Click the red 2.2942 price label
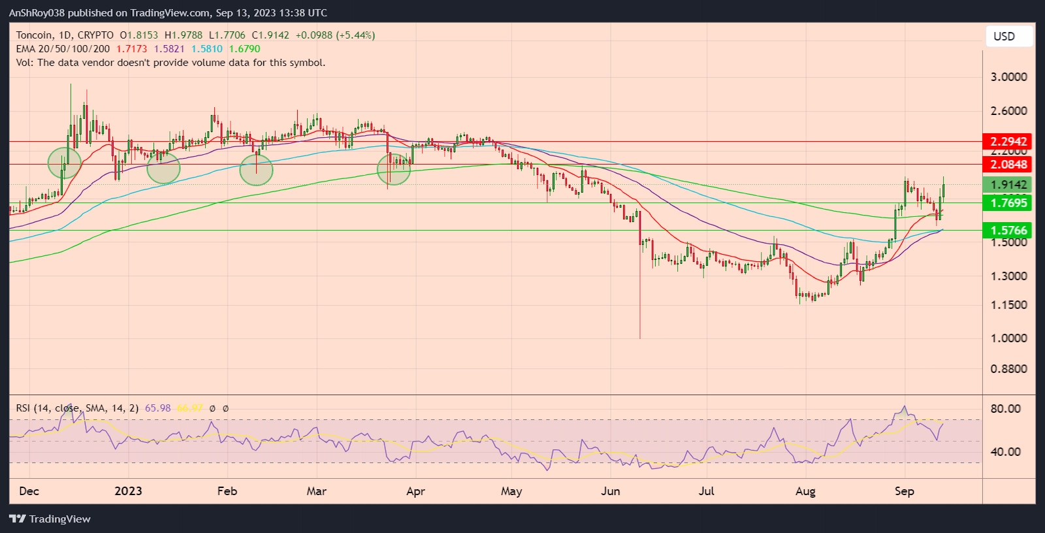(x=1008, y=141)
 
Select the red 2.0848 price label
(x=1008, y=165)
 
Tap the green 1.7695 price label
(x=1008, y=203)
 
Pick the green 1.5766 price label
(x=1008, y=230)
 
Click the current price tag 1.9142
(x=1008, y=185)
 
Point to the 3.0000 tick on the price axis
(x=1008, y=77)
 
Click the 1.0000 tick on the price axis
(x=1008, y=338)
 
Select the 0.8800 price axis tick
(x=1008, y=369)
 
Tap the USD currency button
(x=1004, y=37)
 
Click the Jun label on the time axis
(x=611, y=491)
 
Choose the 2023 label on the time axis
(x=128, y=491)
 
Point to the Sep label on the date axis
(x=904, y=491)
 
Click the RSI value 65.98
(x=157, y=408)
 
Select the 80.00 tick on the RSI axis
(x=1005, y=409)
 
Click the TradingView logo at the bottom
(x=50, y=519)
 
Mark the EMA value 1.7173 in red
(x=131, y=49)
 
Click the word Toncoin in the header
(x=34, y=35)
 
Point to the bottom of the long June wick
(x=640, y=338)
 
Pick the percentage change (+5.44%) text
(x=355, y=35)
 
